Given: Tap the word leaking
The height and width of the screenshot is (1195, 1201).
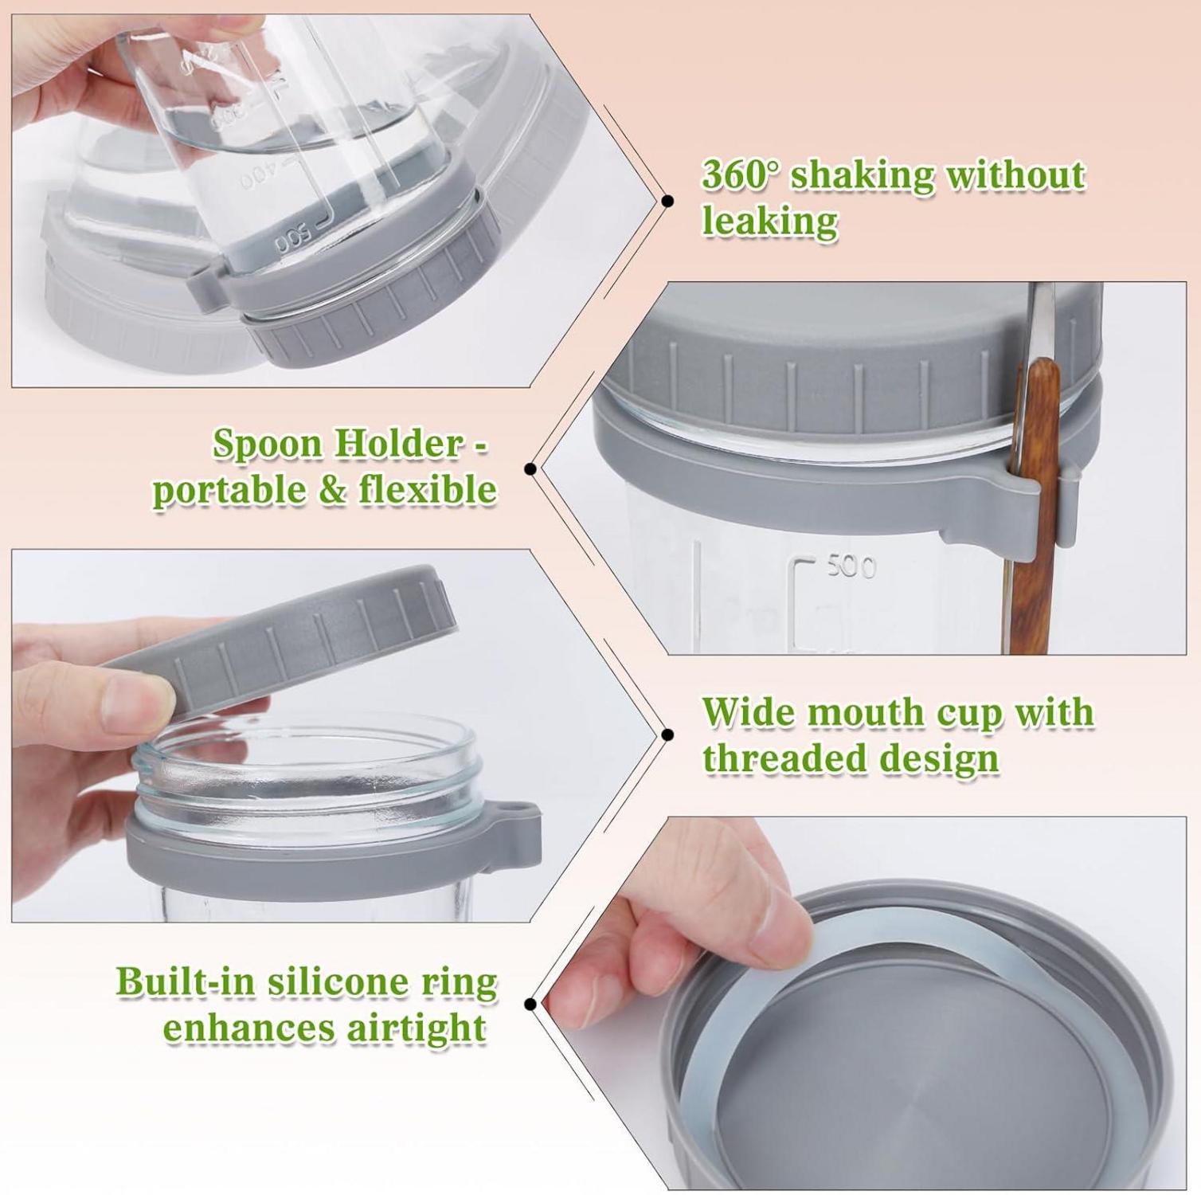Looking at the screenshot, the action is (x=769, y=221).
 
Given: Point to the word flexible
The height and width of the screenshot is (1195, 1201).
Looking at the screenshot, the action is (x=428, y=488).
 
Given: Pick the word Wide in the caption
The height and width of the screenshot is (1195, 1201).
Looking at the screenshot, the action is (x=748, y=711).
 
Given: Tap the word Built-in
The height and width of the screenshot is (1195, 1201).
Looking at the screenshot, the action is (x=187, y=981).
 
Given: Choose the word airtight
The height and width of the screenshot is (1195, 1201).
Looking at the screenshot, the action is (x=416, y=1027).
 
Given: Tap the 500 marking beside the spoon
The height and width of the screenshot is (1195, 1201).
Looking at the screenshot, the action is (x=851, y=566).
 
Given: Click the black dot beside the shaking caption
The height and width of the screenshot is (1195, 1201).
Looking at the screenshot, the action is (x=667, y=201).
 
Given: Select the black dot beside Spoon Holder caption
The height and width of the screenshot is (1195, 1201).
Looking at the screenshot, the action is (x=530, y=469).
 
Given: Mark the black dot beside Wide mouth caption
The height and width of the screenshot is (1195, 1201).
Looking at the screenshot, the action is (x=667, y=735).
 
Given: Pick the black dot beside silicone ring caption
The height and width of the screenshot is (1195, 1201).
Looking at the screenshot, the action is (x=530, y=1003).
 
